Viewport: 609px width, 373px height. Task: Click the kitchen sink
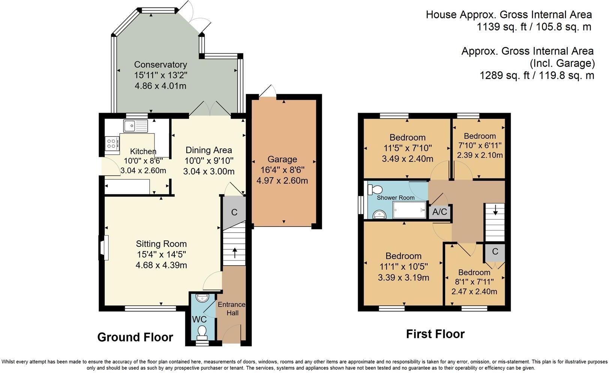pyautogui.click(x=135, y=126)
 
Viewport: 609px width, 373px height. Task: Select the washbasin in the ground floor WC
pyautogui.click(x=202, y=298)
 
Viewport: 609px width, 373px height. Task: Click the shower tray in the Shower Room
pyautogui.click(x=409, y=210)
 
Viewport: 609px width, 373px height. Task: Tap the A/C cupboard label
pyautogui.click(x=439, y=211)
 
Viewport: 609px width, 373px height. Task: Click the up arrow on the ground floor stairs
pyautogui.click(x=235, y=253)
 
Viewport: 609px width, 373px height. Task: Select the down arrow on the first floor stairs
pyautogui.click(x=495, y=210)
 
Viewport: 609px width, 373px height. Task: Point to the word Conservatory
pyautogui.click(x=160, y=65)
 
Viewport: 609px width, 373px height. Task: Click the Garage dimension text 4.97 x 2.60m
pyautogui.click(x=282, y=181)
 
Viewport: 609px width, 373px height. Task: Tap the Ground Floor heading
pyautogui.click(x=135, y=337)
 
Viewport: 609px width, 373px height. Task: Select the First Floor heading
pyautogui.click(x=435, y=334)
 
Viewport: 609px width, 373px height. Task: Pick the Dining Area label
pyautogui.click(x=209, y=150)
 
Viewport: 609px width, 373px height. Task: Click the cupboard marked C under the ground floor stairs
pyautogui.click(x=234, y=212)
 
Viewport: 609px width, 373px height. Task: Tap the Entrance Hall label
pyautogui.click(x=232, y=309)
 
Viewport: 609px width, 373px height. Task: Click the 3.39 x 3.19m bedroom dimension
pyautogui.click(x=403, y=278)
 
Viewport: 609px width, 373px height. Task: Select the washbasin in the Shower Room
pyautogui.click(x=379, y=214)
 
